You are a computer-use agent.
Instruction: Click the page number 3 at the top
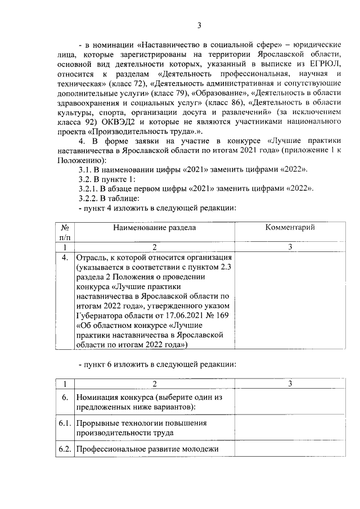click(x=199, y=25)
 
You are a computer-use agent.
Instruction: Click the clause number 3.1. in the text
click(x=87, y=169)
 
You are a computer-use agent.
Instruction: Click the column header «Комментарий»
click(x=290, y=227)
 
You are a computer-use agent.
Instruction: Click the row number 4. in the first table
click(x=65, y=257)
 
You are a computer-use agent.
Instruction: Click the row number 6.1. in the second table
click(x=65, y=423)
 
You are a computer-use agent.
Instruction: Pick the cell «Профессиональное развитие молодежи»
click(x=147, y=448)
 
